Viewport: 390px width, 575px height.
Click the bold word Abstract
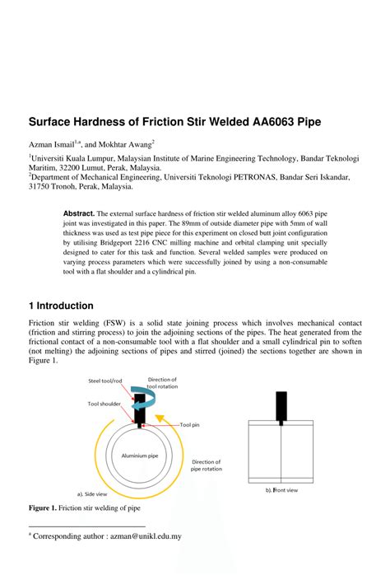(79, 213)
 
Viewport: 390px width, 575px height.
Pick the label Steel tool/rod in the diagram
(107, 381)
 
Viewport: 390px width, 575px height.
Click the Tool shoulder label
(105, 404)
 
